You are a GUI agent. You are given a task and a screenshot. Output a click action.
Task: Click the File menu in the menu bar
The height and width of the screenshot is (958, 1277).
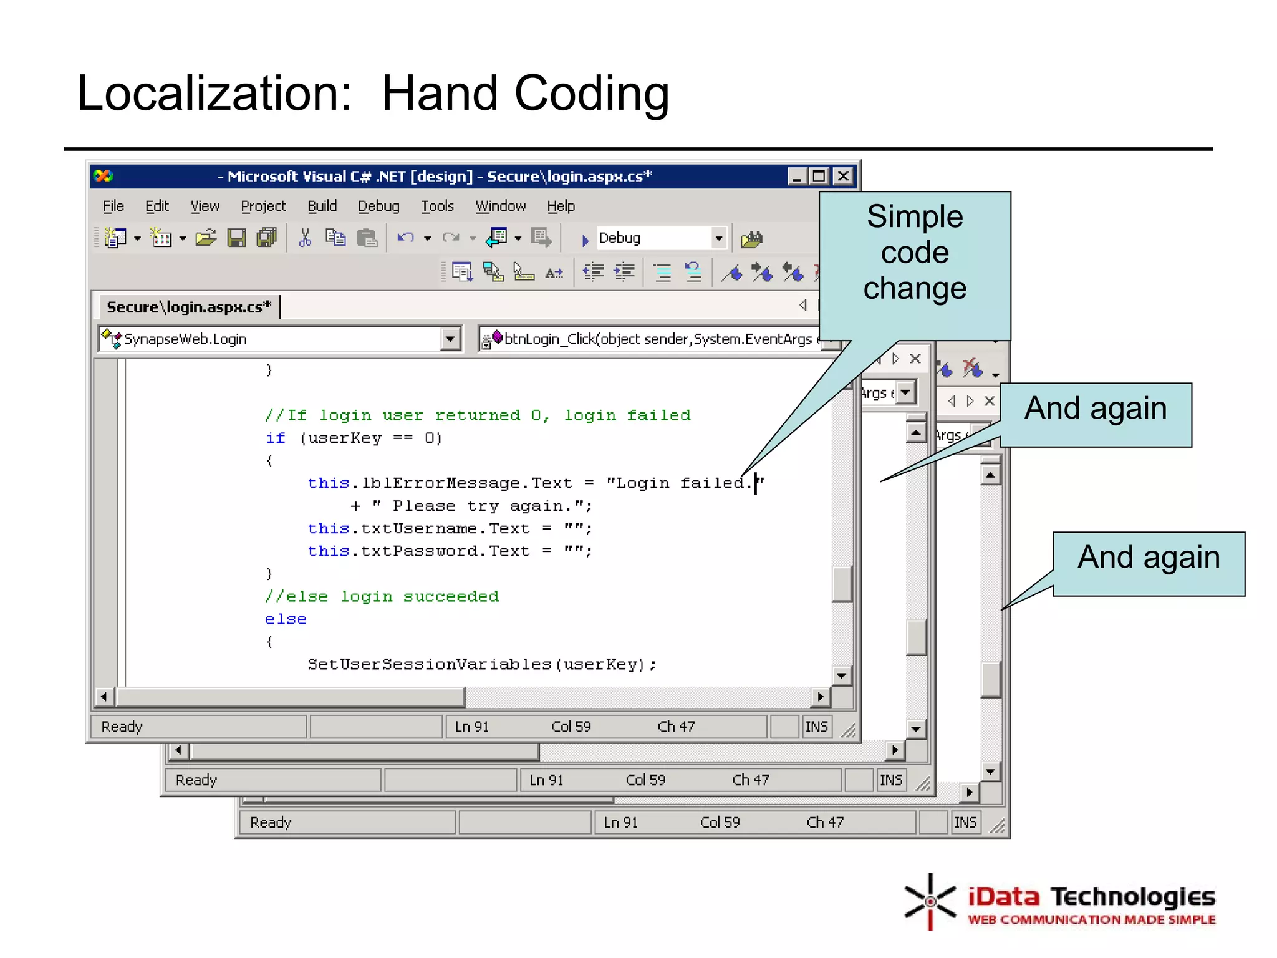click(113, 206)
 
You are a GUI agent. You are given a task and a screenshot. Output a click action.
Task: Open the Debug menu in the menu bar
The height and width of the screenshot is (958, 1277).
click(378, 206)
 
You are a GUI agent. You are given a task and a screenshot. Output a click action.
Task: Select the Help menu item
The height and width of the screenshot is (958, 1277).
click(561, 206)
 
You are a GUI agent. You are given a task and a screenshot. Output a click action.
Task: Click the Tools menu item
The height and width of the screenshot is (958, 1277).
click(437, 206)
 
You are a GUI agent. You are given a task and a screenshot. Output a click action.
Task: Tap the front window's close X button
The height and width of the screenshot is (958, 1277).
click(843, 177)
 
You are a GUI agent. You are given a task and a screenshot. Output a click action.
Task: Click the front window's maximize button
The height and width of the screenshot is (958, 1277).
click(819, 177)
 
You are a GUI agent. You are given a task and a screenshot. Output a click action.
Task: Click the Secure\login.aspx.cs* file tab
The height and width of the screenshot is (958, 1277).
click(188, 307)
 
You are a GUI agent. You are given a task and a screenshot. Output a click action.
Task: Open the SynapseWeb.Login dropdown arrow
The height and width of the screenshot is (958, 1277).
click(450, 339)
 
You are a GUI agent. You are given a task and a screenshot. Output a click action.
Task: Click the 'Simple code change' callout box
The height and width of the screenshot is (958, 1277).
click(914, 253)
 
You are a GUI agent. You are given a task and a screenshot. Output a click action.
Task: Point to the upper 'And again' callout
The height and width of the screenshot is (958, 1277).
click(1095, 410)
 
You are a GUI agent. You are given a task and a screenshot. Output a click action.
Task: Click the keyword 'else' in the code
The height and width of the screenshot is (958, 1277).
click(286, 619)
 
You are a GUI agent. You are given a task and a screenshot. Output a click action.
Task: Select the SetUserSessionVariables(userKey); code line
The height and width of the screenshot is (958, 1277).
click(481, 665)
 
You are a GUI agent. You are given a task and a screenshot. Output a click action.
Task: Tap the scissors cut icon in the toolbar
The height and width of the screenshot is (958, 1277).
click(305, 238)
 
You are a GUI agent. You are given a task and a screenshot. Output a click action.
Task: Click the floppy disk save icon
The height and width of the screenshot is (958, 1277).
click(236, 238)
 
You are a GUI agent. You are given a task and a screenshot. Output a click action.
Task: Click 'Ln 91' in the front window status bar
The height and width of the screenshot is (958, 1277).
click(471, 727)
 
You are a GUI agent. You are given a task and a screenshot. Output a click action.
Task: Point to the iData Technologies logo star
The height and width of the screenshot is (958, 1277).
click(930, 901)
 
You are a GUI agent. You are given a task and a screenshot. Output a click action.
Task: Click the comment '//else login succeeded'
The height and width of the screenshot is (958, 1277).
click(382, 597)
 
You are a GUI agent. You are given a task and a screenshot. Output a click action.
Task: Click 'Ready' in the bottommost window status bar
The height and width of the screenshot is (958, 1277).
click(271, 823)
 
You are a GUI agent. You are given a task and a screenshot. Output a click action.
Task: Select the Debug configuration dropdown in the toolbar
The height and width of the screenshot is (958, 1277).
click(661, 238)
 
